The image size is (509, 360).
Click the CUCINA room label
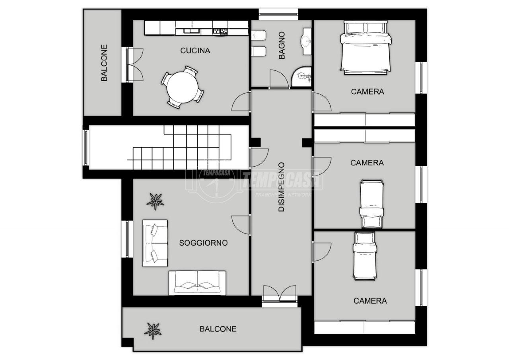tap(195, 51)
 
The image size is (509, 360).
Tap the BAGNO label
tap(282, 45)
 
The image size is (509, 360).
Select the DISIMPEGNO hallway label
tap(281, 187)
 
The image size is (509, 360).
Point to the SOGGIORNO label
tap(203, 243)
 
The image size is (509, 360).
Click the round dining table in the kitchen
tap(183, 87)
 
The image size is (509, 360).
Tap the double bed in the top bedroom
tap(365, 48)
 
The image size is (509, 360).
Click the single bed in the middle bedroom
tap(371, 204)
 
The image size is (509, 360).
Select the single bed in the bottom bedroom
tap(365, 256)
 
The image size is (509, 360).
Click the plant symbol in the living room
tap(155, 201)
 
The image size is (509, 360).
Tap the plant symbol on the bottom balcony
tap(153, 331)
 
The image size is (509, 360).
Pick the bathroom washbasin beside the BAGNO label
tap(307, 42)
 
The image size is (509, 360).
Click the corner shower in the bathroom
tap(301, 76)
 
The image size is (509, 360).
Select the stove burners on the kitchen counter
tap(220, 31)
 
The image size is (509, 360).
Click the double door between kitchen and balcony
tap(135, 64)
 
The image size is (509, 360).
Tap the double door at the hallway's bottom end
tap(280, 294)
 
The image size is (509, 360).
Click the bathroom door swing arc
tap(279, 79)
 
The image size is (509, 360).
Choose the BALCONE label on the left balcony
tap(104, 63)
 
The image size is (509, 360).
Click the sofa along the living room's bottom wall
tap(197, 283)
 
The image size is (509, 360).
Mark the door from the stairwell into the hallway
tap(259, 158)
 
